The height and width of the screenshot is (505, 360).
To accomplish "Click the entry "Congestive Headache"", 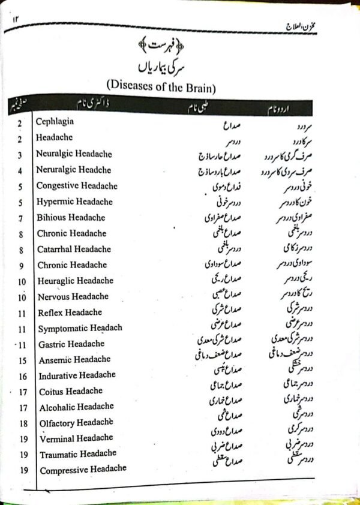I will [x=77, y=186].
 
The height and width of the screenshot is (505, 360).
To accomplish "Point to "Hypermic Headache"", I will [x=74, y=202].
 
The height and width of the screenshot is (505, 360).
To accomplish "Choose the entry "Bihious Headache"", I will [x=71, y=218].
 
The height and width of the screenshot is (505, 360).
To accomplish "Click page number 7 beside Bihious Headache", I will [x=21, y=218].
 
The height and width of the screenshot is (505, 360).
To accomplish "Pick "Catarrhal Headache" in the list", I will [x=74, y=249].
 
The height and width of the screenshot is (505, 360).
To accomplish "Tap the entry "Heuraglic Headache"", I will [x=75, y=281].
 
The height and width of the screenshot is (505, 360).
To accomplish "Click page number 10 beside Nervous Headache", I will [x=22, y=296].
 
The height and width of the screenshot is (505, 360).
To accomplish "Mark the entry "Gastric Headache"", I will [x=71, y=344].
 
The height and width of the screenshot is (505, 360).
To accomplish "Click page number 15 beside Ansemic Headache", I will [x=22, y=360].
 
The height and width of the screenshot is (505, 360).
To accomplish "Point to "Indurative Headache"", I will [x=77, y=376].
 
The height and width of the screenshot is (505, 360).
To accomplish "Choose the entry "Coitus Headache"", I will [x=71, y=392].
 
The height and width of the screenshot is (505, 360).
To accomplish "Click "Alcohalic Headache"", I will [x=76, y=407].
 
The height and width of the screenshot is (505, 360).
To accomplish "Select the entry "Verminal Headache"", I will [x=76, y=438].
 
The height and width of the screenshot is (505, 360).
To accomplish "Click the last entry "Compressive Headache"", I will [x=83, y=470].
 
